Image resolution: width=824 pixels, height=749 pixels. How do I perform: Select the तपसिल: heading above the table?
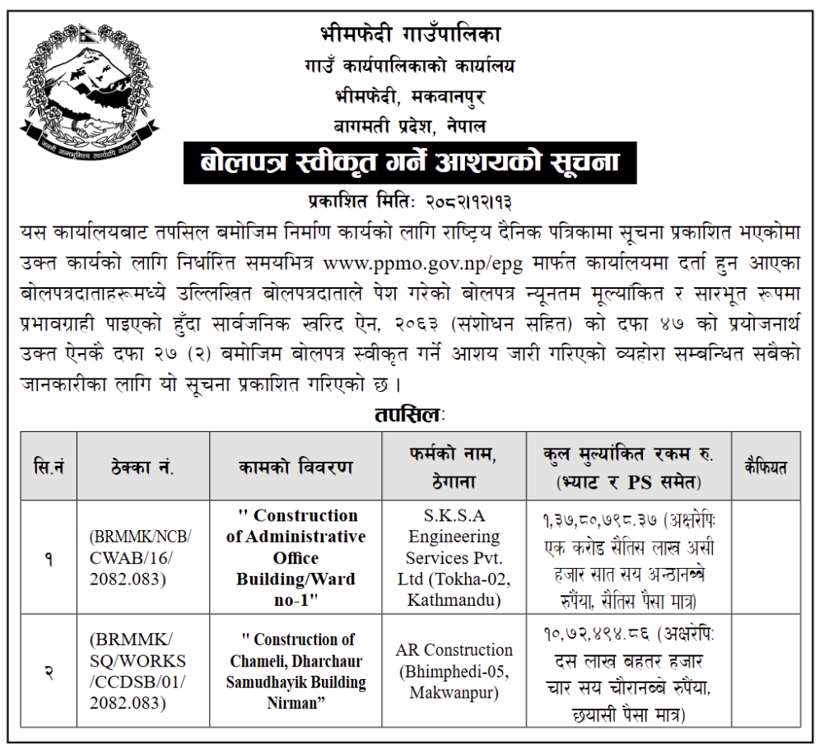(x=408, y=414)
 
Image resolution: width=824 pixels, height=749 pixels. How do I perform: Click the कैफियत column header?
(x=765, y=467)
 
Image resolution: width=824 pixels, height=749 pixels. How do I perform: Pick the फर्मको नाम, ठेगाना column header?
(x=454, y=466)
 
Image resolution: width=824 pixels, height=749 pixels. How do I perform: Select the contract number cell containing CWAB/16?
(x=140, y=558)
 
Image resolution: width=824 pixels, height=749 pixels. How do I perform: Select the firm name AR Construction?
(x=454, y=650)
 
